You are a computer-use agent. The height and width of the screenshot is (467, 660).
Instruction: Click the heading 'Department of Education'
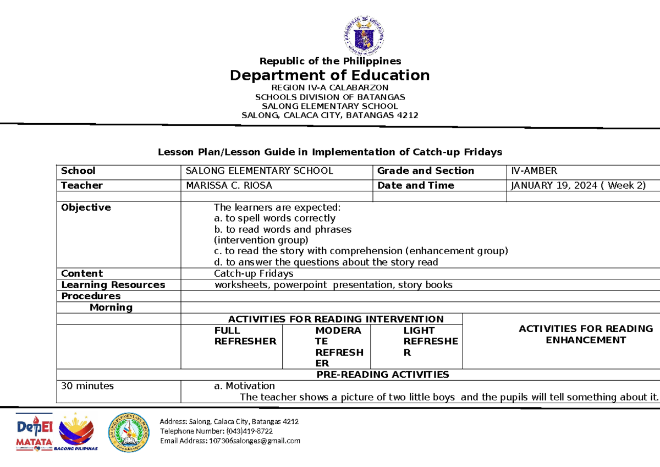click(329, 75)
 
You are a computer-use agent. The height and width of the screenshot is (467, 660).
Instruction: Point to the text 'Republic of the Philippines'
click(330, 61)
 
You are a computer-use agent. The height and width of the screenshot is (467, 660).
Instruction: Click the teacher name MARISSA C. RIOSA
click(229, 185)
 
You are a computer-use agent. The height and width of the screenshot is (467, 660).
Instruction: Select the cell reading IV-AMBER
click(534, 171)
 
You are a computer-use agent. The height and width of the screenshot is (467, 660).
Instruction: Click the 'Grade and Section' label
click(425, 171)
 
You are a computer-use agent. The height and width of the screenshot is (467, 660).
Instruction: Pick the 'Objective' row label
click(86, 207)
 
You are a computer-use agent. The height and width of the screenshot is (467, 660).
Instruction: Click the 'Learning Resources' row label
click(113, 285)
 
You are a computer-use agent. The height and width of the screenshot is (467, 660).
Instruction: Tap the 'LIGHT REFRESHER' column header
click(430, 341)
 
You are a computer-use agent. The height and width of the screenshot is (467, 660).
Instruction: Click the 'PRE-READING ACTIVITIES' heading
click(383, 375)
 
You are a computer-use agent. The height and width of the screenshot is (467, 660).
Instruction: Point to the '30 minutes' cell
click(87, 386)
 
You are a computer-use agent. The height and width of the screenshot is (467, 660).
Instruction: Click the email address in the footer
click(230, 441)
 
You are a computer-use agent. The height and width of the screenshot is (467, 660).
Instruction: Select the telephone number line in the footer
click(216, 431)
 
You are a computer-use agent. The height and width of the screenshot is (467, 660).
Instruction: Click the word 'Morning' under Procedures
click(111, 307)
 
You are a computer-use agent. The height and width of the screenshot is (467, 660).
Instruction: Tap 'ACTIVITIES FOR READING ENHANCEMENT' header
click(585, 334)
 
